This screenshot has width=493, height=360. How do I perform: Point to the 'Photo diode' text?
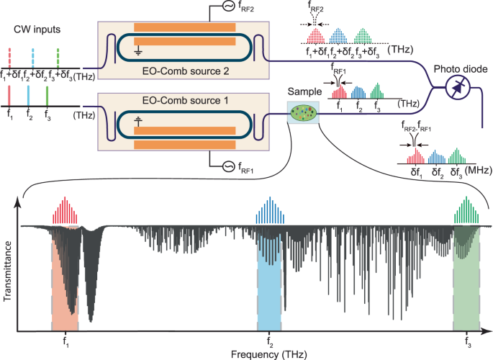click(460, 70)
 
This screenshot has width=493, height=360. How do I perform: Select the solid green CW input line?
click(47, 96)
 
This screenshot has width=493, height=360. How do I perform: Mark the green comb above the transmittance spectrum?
click(469, 212)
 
